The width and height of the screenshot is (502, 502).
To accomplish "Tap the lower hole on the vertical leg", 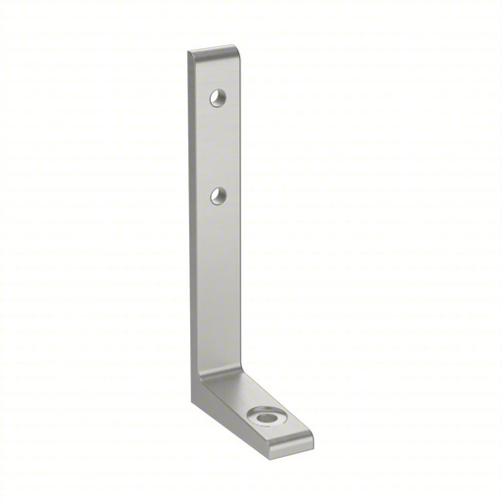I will pos(219,197).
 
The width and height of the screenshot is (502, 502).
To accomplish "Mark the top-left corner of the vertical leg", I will pos(190,53).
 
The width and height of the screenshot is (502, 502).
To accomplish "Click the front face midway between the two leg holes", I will pos(218,147).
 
